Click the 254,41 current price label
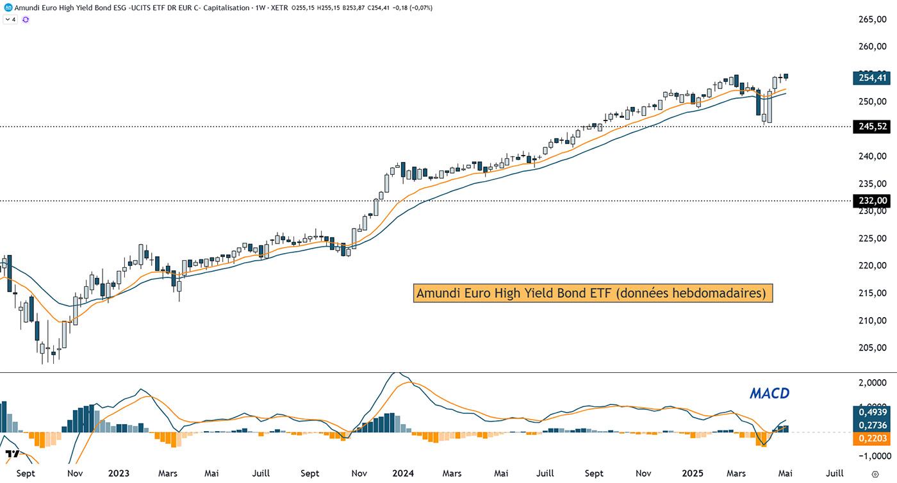872,78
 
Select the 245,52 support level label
872,126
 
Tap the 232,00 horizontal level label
872,201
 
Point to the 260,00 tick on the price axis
873,47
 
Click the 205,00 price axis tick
873,348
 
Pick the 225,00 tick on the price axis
873,238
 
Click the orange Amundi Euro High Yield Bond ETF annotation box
593,293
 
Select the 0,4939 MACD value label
872,413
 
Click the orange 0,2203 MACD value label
872,439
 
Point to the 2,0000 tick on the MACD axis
873,383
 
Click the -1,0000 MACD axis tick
871,456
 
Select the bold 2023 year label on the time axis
119,473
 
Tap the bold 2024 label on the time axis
404,473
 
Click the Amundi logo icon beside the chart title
8,7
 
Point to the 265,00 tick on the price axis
873,20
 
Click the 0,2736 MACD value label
872,425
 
